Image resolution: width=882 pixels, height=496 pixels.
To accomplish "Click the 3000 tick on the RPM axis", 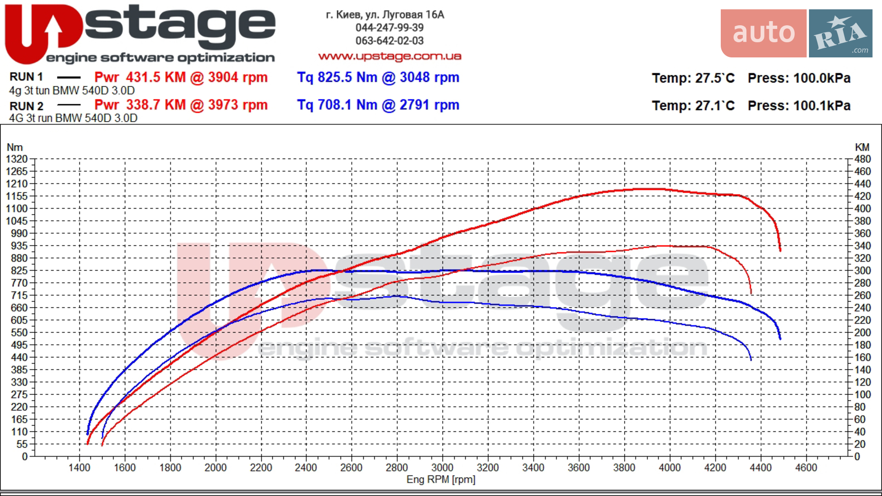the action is (442, 468).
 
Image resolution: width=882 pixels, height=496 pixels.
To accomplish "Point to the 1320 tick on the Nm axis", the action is (17, 159).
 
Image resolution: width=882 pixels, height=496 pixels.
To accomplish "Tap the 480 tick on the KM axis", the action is (862, 159).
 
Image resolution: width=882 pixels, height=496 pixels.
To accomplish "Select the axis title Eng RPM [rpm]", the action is (441, 479).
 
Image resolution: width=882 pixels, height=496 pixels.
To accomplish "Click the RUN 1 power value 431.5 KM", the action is (156, 77).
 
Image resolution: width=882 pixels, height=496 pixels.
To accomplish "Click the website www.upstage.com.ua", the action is (390, 56).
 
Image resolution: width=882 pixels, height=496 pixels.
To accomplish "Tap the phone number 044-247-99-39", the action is (390, 28).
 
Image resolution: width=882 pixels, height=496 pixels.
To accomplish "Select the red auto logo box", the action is (763, 33).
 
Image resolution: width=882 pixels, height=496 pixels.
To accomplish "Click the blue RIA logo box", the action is (841, 33).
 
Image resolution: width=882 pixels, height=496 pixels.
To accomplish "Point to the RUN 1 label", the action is (26, 77).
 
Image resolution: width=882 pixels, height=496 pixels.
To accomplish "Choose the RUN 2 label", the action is (26, 106).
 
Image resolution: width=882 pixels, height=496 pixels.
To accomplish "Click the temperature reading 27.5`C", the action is (715, 78).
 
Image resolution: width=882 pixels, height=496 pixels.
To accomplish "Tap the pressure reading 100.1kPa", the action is (822, 106).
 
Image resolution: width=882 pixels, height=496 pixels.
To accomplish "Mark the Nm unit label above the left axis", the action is (15, 147).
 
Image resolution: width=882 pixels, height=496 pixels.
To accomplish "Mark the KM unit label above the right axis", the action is (862, 147).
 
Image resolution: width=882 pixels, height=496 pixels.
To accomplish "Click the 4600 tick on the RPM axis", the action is (806, 468).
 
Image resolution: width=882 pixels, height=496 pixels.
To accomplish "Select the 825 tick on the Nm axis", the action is (19, 271).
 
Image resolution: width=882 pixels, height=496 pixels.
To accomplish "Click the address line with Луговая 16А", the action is (385, 15).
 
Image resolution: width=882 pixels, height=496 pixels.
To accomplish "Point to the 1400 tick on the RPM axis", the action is (79, 468).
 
